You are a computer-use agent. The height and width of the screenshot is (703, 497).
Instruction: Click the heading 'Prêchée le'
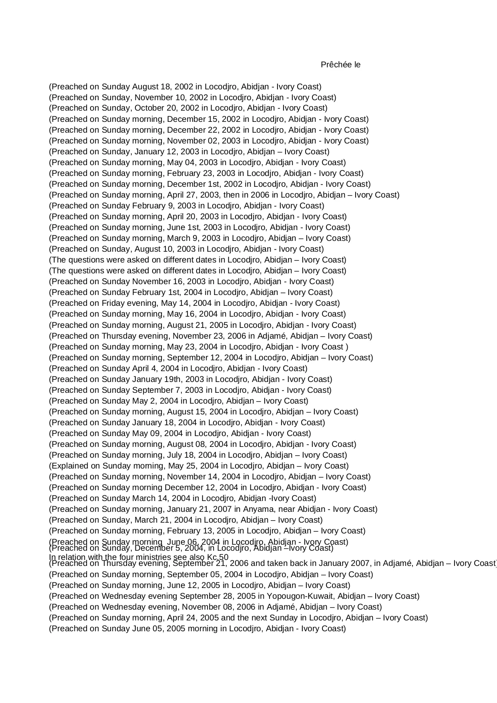coord(340,65)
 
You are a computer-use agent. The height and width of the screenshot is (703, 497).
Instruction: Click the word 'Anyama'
coord(256,509)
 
